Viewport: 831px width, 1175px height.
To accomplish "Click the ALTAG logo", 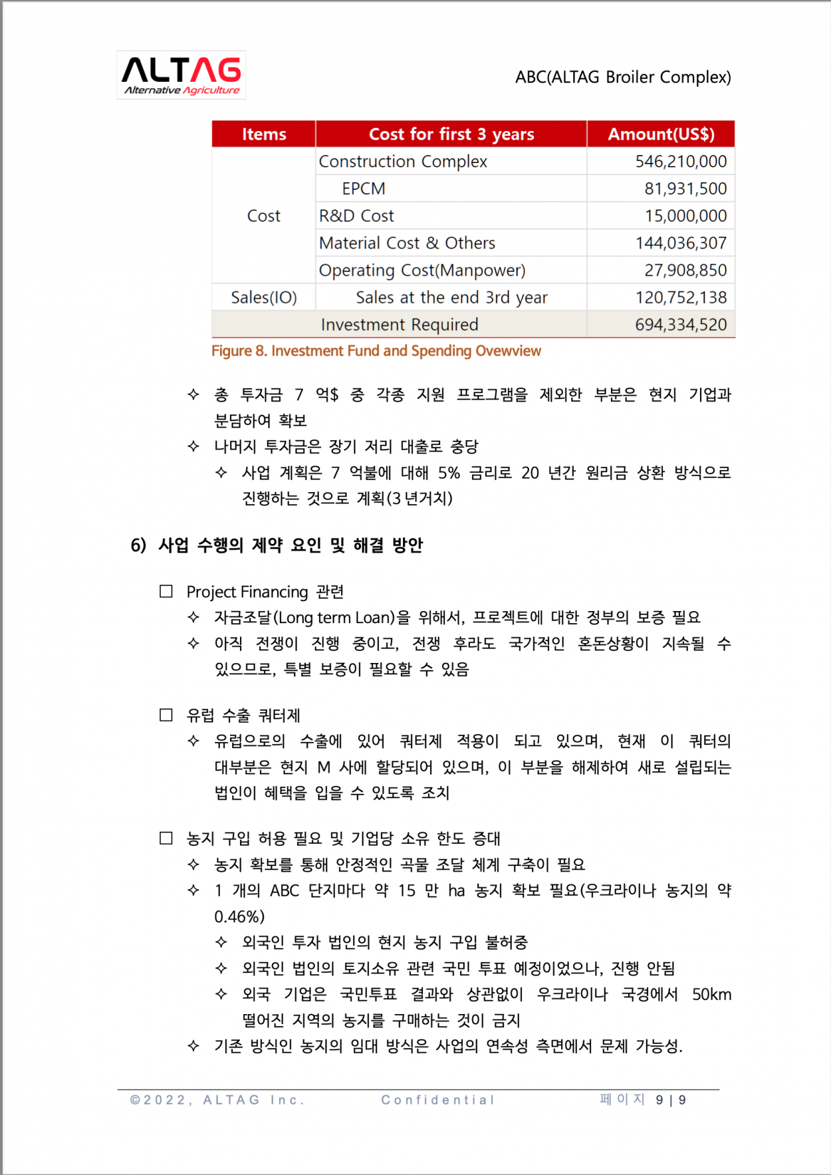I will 181,75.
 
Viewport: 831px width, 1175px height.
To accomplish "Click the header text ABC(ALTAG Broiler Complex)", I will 623,77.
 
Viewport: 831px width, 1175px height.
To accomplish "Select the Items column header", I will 264,134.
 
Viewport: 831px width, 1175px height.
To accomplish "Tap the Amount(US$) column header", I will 661,134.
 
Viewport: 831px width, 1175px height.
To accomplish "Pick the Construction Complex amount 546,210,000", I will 681,162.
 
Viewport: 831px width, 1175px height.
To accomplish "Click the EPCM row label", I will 364,189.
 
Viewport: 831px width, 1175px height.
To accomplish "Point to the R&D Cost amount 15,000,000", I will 685,216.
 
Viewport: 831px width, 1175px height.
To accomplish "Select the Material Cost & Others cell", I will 407,243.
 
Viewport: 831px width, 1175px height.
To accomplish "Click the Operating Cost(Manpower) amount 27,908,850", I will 685,271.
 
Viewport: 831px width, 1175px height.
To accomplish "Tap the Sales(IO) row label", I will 264,298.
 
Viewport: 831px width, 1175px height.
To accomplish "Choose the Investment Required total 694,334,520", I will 681,325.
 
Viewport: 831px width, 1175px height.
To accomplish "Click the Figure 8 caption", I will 376,351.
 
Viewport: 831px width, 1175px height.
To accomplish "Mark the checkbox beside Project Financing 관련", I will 166,591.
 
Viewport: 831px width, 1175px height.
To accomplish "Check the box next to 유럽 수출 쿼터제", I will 166,715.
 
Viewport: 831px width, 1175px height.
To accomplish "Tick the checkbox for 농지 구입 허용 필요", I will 166,838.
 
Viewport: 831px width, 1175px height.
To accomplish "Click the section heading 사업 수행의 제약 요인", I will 290,546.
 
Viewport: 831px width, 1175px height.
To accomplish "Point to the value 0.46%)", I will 239,917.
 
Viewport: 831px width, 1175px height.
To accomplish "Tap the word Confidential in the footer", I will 438,1100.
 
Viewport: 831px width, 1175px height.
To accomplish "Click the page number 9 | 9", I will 671,1100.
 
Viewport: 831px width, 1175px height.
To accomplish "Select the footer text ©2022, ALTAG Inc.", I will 217,1100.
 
